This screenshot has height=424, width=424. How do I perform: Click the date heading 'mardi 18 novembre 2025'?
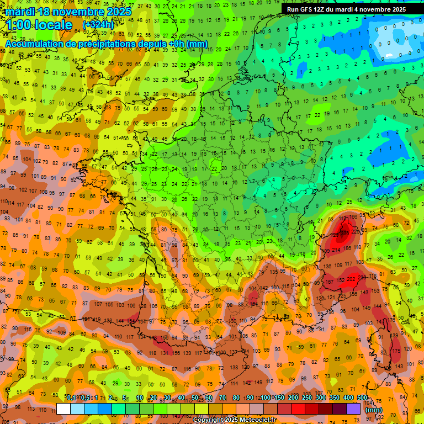pyautogui.click(x=68, y=12)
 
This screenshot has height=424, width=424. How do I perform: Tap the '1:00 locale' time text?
pyautogui.click(x=39, y=25)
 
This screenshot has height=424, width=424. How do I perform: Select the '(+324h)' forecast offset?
pyautogui.click(x=98, y=25)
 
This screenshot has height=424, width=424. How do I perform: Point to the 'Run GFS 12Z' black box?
pyautogui.click(x=346, y=9)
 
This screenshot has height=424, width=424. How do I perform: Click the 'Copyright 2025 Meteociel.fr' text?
pyautogui.click(x=235, y=420)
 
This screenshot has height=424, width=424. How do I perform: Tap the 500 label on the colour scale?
pyautogui.click(x=362, y=398)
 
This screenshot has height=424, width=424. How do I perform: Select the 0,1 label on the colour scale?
pyautogui.click(x=71, y=398)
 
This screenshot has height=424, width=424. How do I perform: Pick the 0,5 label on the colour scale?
pyautogui.click(x=84, y=398)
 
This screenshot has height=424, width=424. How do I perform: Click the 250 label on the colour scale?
pyautogui.click(x=306, y=398)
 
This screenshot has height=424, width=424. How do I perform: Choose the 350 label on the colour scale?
pyautogui.click(x=334, y=398)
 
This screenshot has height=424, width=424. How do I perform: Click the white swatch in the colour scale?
pyautogui.click(x=63, y=409)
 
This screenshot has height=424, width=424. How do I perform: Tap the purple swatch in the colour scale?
pyautogui.click(x=353, y=409)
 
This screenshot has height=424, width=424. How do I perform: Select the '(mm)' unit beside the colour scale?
pyautogui.click(x=374, y=410)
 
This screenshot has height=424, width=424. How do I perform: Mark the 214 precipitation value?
pyautogui.click(x=336, y=250)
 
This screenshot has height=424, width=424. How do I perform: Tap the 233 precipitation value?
pyautogui.click(x=362, y=277)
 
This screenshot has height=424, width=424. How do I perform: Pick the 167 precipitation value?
pyautogui.click(x=329, y=282)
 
